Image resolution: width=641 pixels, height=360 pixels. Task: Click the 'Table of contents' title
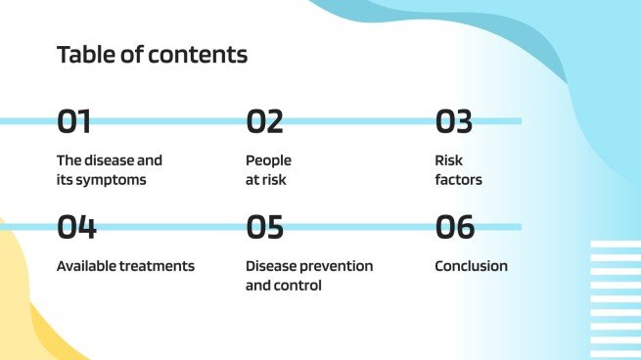[152, 55]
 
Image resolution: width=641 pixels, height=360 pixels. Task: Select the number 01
[74, 121]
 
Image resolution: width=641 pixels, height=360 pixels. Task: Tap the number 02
[264, 121]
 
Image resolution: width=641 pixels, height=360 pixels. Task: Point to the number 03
[454, 121]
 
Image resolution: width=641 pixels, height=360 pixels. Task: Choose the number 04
[76, 227]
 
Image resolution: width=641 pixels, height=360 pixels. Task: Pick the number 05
[265, 227]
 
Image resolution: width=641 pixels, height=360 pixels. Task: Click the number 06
[455, 227]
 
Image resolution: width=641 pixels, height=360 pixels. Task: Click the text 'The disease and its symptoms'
[109, 170]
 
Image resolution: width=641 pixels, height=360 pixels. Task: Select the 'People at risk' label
[268, 170]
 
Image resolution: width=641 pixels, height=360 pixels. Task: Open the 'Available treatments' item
[125, 266]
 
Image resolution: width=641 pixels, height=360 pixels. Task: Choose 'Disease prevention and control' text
[308, 276]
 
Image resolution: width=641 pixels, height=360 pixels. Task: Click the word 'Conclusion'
[471, 266]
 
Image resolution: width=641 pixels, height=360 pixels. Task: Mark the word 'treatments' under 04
[159, 266]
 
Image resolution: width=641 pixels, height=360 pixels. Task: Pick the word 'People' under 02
[268, 159]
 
